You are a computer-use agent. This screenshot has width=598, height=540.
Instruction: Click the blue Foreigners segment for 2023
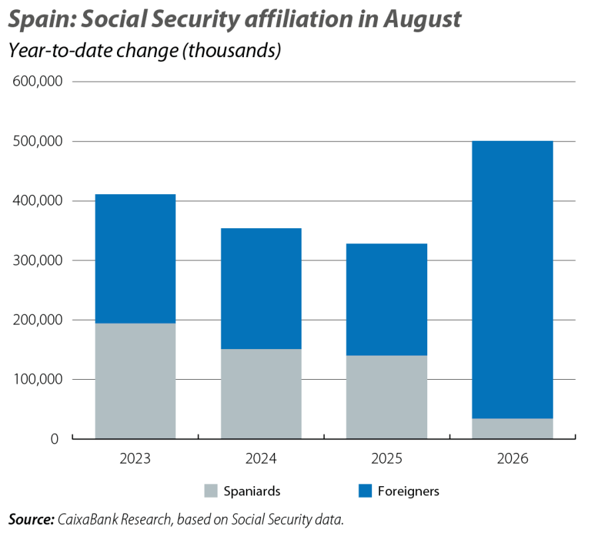[x=136, y=259]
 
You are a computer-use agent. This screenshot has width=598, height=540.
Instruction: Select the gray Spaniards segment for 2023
[x=136, y=381]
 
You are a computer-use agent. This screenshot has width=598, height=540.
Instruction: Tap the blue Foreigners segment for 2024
[x=261, y=289]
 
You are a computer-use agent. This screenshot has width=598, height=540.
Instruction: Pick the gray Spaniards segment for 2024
[x=261, y=394]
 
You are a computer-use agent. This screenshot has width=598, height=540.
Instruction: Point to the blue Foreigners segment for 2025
[x=387, y=299]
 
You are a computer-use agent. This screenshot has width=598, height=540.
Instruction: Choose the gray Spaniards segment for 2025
[x=387, y=397]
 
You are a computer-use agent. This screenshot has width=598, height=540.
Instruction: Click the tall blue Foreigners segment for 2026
[x=512, y=280]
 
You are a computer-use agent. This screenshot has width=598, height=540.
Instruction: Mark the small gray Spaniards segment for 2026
[x=512, y=428]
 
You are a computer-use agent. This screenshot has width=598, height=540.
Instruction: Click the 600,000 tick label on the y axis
[x=37, y=81]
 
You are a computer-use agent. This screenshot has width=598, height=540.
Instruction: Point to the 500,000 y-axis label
[x=37, y=141]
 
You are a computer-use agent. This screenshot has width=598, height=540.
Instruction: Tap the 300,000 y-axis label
[x=37, y=260]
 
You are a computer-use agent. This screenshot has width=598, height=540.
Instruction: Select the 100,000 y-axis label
[x=37, y=379]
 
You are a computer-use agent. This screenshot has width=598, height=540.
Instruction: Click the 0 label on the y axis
[x=54, y=439]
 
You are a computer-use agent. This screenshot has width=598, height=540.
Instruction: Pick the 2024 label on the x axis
[x=261, y=458]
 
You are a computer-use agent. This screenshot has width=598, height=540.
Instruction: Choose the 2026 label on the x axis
[x=512, y=458]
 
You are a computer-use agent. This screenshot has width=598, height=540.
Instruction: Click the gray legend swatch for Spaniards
[x=211, y=491]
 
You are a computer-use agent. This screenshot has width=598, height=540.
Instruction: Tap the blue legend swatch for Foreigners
[x=365, y=491]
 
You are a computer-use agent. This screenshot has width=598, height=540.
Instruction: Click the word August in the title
[x=422, y=19]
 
